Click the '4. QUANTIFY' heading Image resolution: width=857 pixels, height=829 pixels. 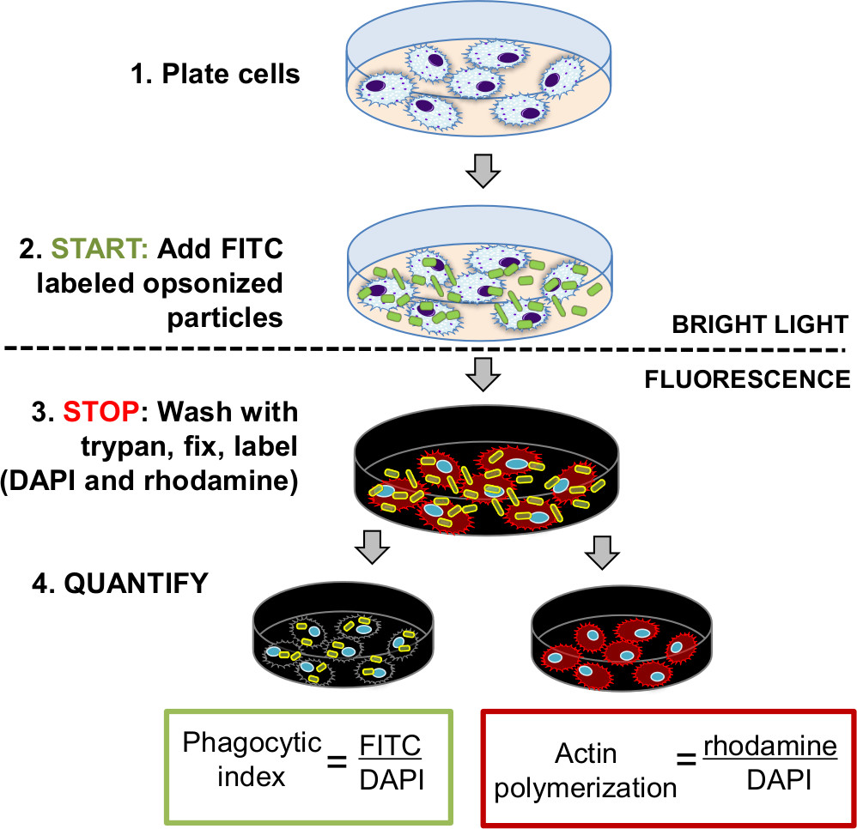click(118, 584)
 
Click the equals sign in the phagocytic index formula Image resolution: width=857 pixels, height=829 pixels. click(340, 760)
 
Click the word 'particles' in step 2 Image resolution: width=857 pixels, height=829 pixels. click(228, 318)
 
